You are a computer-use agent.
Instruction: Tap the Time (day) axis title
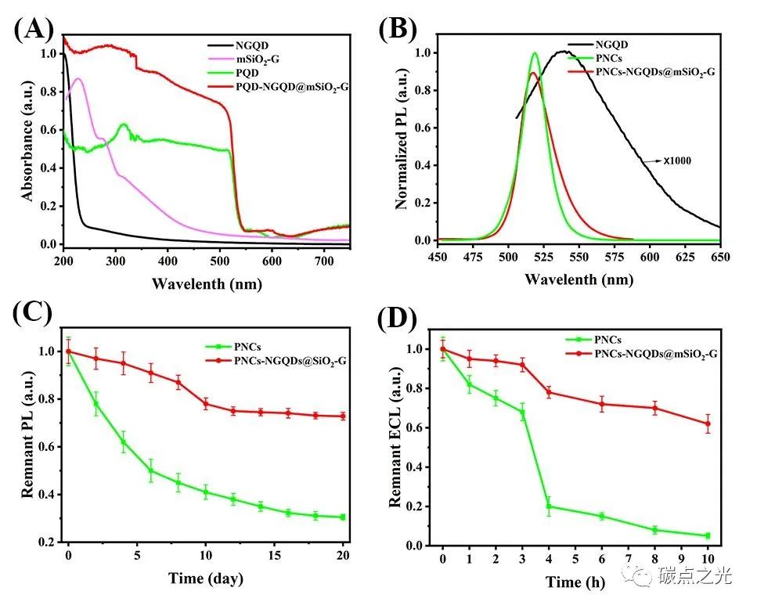tap(205, 578)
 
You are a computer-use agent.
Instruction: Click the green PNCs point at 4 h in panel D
tap(549, 506)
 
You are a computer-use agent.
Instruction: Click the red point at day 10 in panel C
tap(206, 404)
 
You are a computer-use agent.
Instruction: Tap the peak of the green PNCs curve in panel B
tap(535, 54)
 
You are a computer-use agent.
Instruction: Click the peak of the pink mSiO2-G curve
tap(78, 78)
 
